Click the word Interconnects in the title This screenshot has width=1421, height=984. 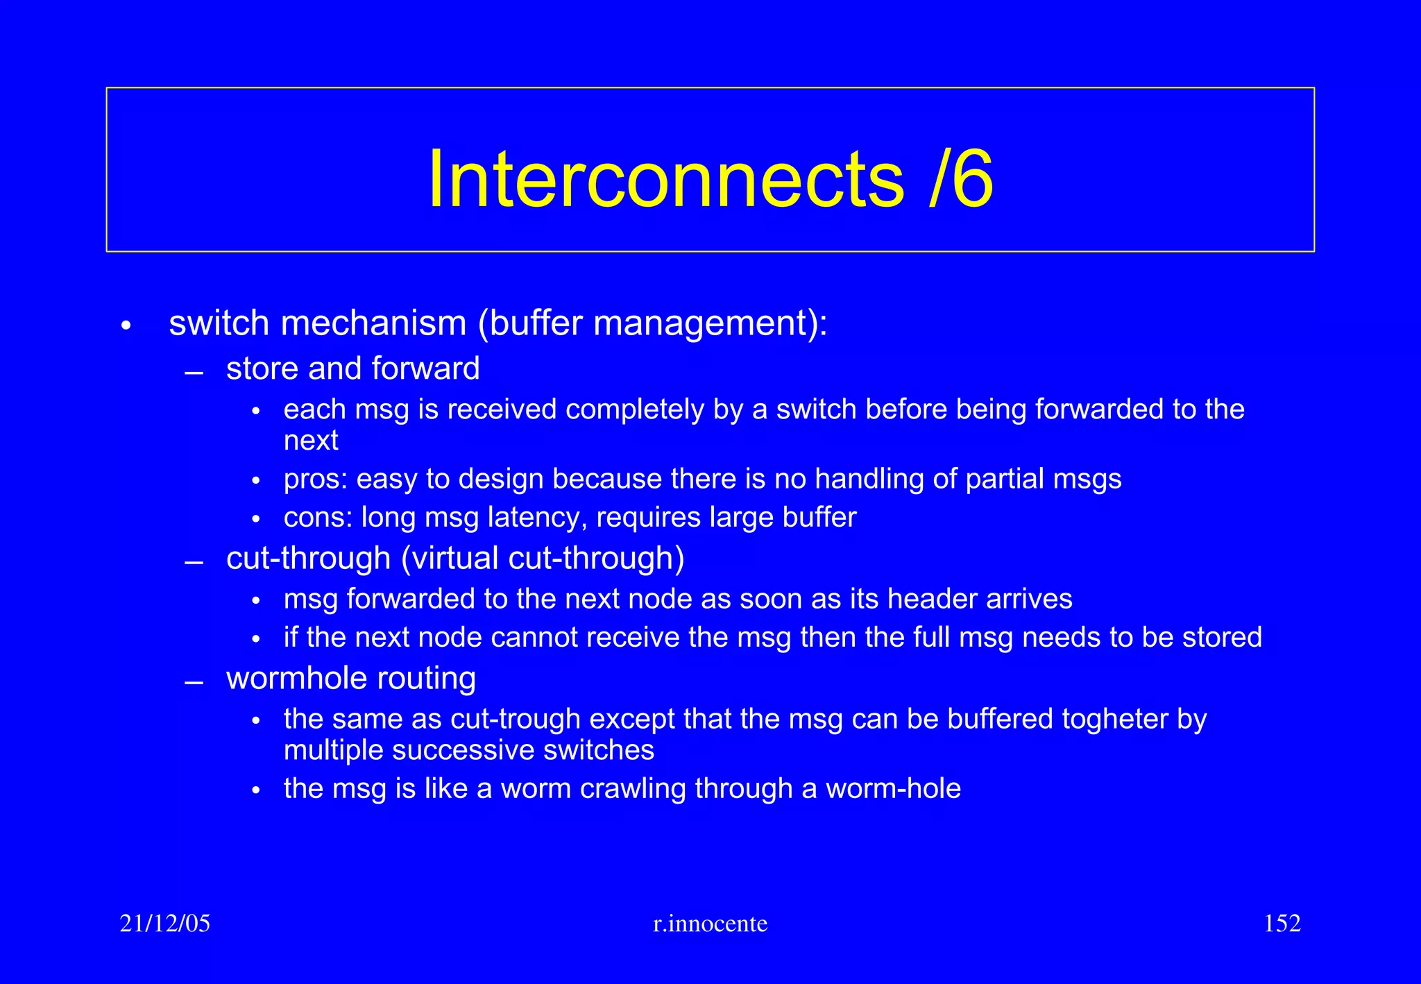pos(666,180)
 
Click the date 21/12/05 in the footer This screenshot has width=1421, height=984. pos(164,924)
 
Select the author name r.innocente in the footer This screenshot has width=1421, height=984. pos(710,924)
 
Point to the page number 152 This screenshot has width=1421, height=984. pos(1282,924)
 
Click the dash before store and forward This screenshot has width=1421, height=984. pos(194,373)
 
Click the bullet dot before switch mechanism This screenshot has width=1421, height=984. pos(126,325)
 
